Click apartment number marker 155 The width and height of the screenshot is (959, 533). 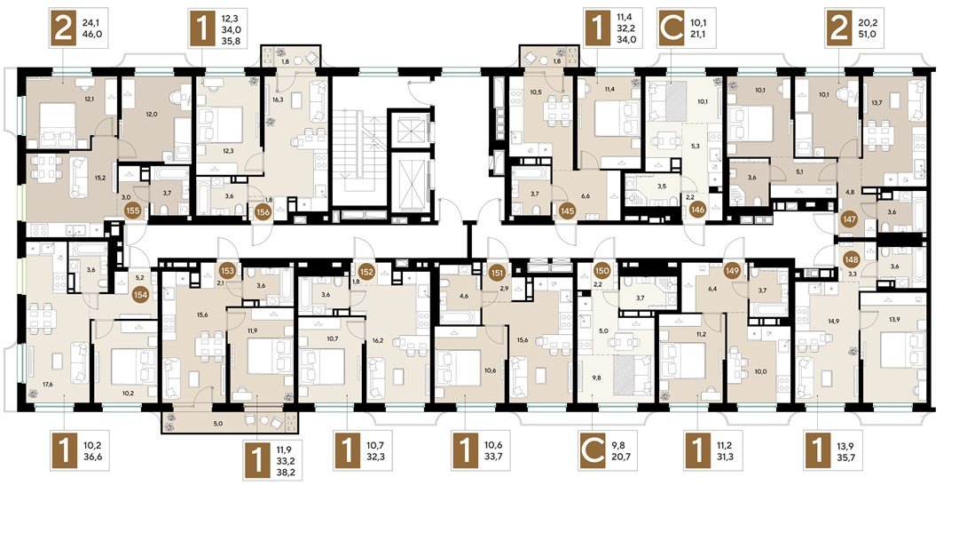tap(133, 211)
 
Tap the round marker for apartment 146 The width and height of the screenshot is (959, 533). tap(697, 211)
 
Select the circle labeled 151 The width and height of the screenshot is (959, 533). tap(498, 272)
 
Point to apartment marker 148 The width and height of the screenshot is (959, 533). tap(853, 259)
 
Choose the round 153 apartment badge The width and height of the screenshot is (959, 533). tap(228, 271)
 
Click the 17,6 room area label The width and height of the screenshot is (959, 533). tap(49, 384)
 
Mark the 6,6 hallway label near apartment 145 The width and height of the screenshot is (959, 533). tap(585, 196)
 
